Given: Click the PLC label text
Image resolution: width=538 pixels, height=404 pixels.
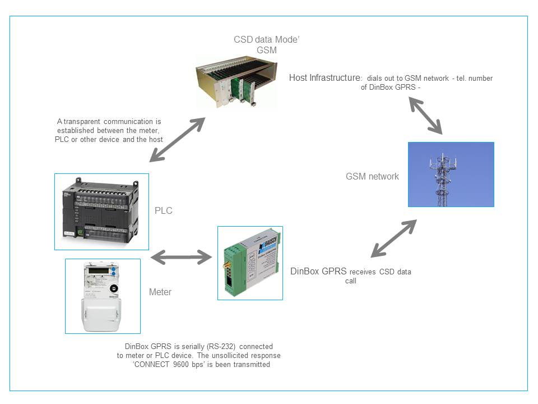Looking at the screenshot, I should point(164,211).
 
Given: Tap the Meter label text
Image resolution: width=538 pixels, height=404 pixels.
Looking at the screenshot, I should point(160,292).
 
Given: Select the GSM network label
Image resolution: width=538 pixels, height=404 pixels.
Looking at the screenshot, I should point(372,176).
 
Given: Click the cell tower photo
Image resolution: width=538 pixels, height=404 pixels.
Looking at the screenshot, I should point(451,175).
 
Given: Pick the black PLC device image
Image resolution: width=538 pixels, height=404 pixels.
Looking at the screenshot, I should point(101,211).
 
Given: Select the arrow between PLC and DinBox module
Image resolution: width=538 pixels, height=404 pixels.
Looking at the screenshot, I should point(181,258).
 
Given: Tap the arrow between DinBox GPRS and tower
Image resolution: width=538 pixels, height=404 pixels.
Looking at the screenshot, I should point(394,238).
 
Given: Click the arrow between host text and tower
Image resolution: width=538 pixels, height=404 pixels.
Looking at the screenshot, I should point(425,115).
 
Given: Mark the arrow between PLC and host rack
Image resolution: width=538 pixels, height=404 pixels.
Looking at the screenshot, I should point(177,139).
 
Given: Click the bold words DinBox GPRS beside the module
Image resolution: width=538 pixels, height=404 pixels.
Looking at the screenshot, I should point(318,272).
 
